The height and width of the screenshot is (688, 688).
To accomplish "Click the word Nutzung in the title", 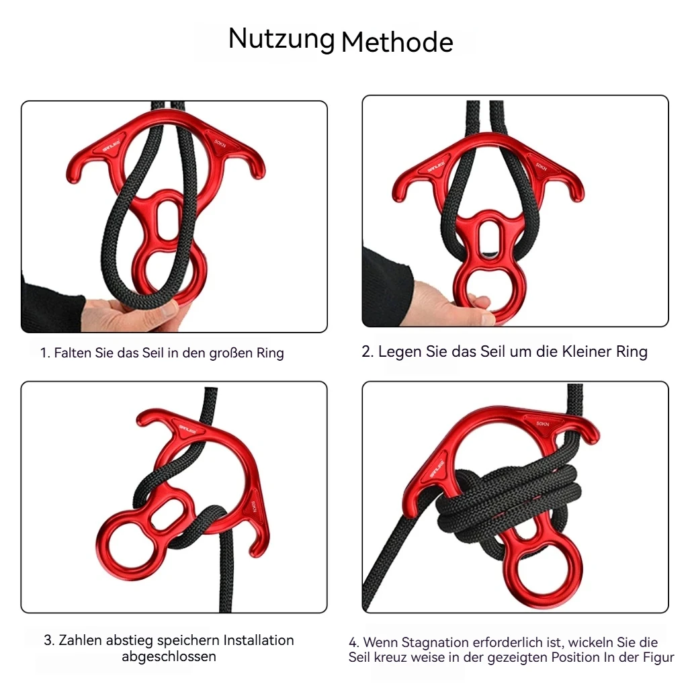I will pyautogui.click(x=281, y=40).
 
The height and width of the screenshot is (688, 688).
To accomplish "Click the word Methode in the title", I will pyautogui.click(x=397, y=42).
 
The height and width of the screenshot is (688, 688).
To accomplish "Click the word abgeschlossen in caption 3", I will pyautogui.click(x=169, y=656).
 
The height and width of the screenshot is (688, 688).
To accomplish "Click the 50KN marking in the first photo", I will pyautogui.click(x=220, y=143).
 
